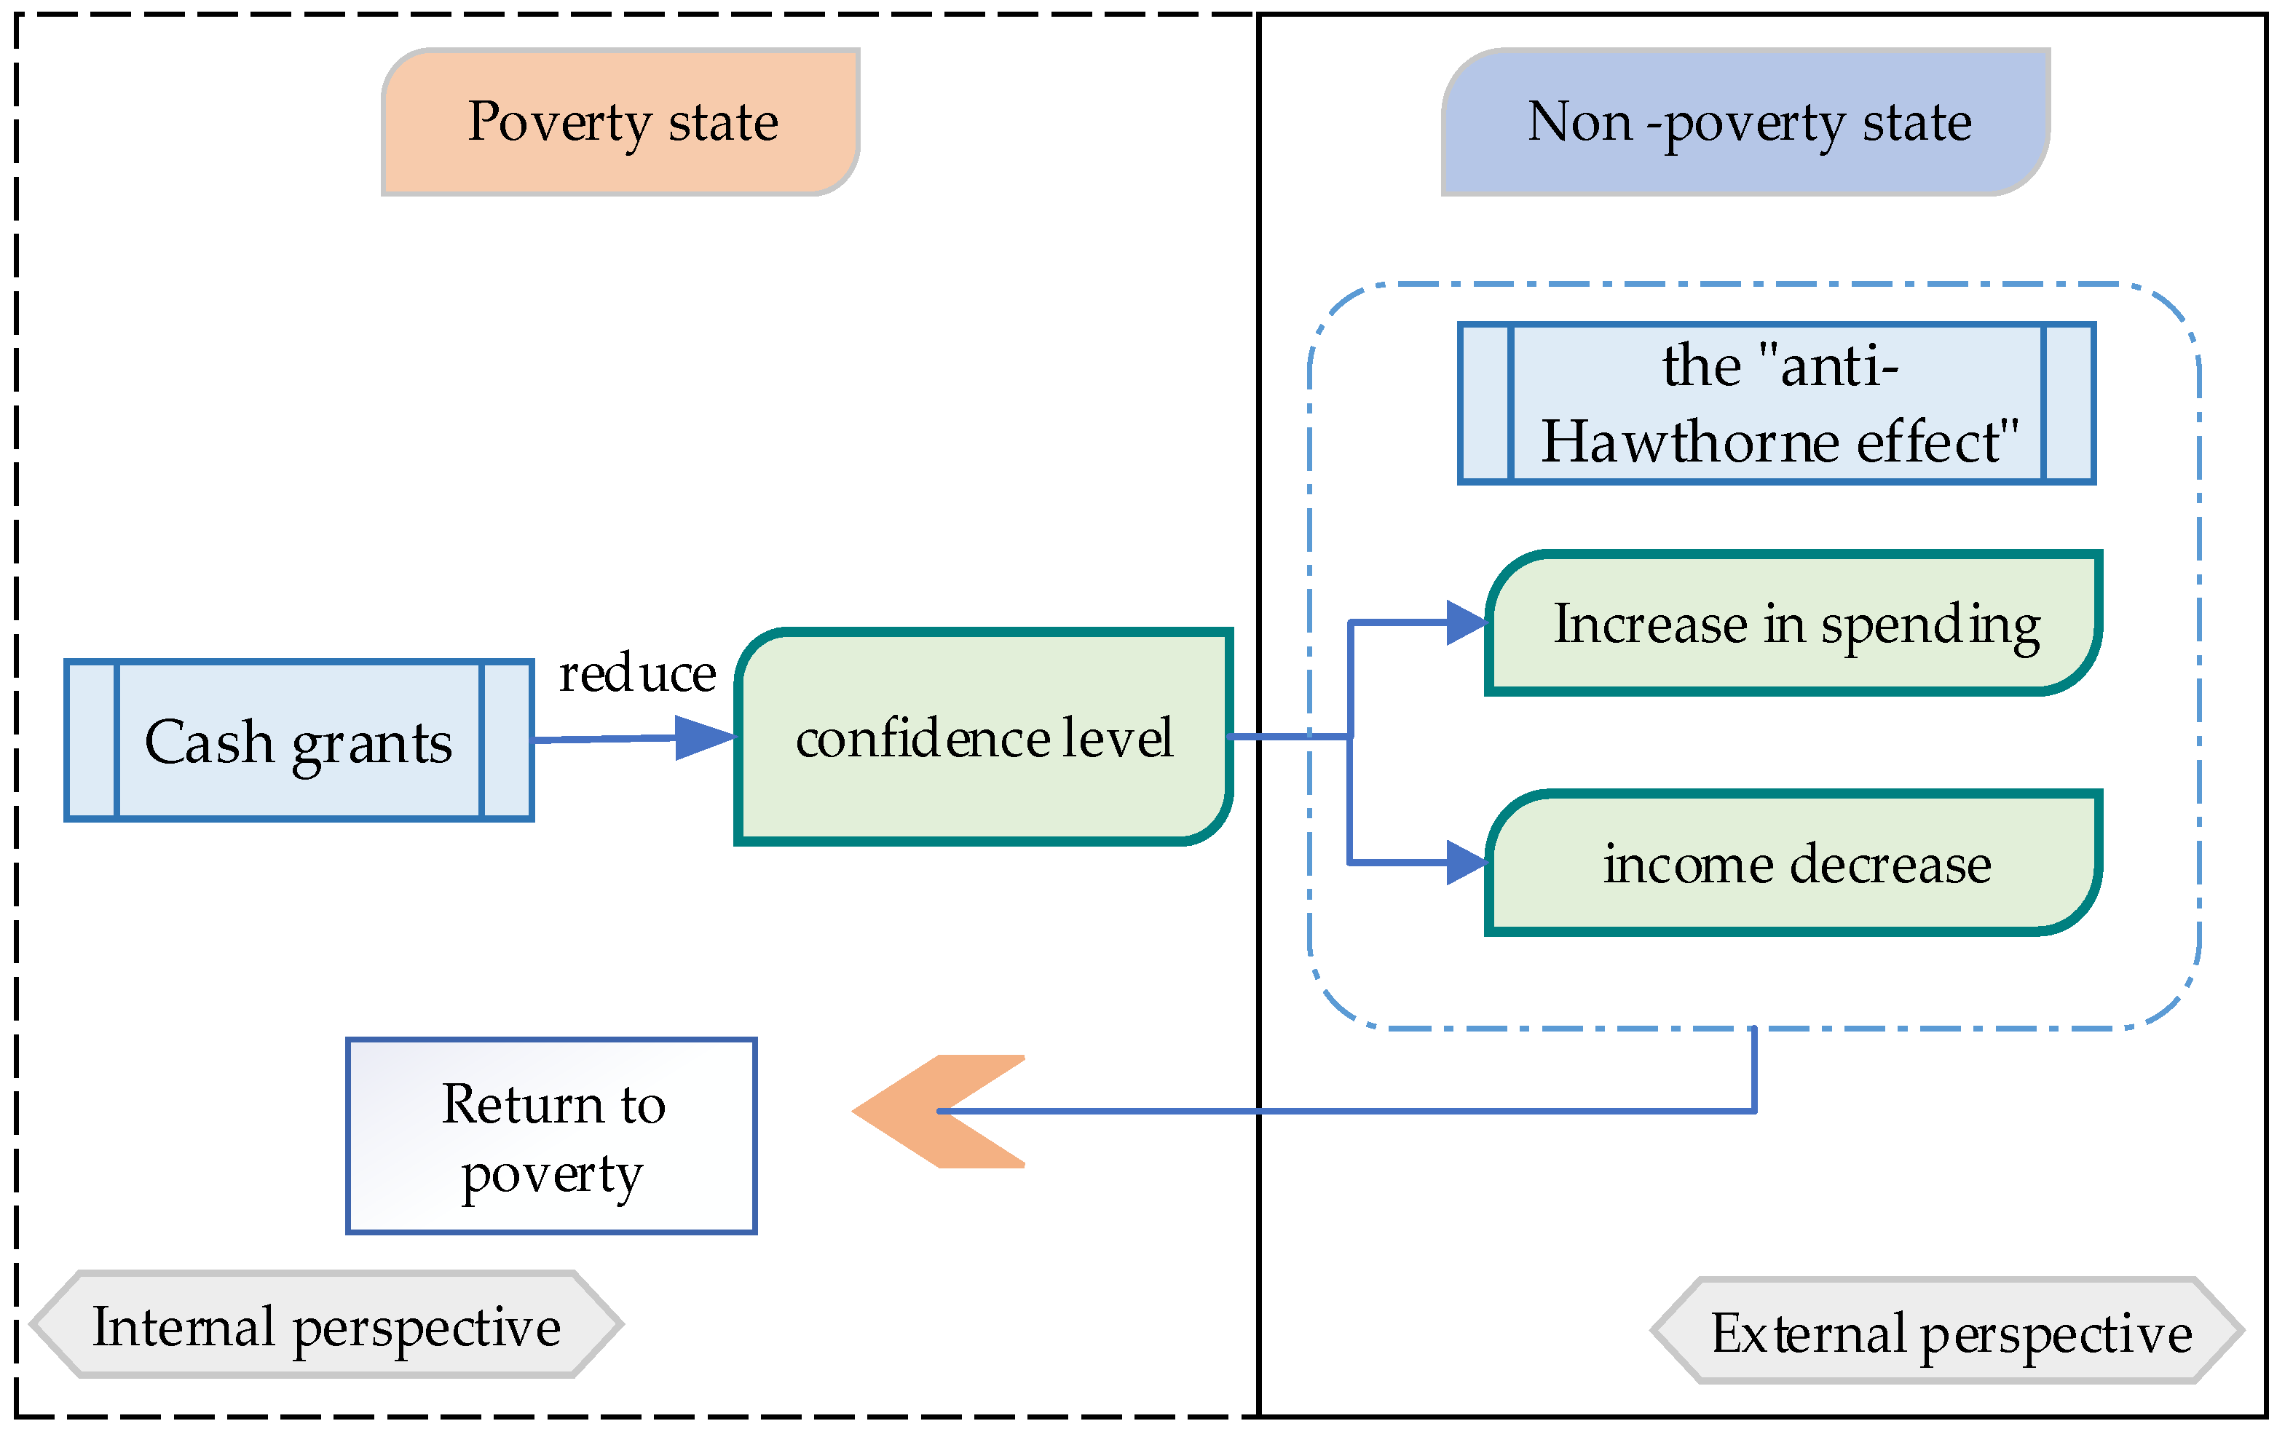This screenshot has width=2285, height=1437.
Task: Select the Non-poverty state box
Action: tap(1746, 122)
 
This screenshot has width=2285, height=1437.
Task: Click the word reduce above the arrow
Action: tap(636, 674)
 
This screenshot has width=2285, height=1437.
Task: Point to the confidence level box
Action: tap(984, 737)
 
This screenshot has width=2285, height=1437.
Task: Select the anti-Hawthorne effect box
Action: tap(1777, 403)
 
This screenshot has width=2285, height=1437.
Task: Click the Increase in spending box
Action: tap(1793, 623)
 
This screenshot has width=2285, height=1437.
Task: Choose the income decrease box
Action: tap(1793, 863)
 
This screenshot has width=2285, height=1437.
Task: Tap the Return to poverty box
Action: tap(551, 1136)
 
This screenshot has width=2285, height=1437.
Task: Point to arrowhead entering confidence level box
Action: tap(704, 737)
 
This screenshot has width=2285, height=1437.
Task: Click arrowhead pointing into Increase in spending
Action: tap(1465, 622)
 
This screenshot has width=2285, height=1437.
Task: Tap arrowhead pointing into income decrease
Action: tap(1465, 862)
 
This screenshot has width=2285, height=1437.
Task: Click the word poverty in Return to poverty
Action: tap(552, 1176)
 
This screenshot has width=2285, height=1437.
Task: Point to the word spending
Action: tap(1930, 626)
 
